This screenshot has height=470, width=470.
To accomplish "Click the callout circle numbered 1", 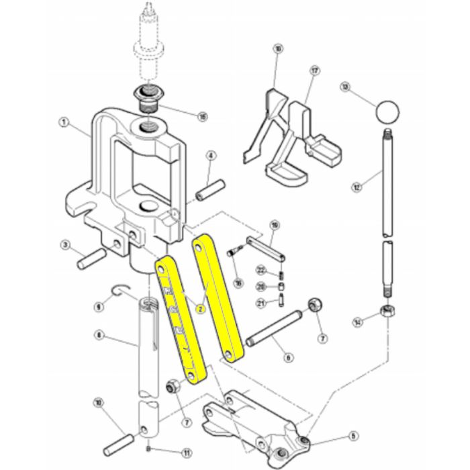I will coord(64,123).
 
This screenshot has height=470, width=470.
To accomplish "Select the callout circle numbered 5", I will coord(354,436).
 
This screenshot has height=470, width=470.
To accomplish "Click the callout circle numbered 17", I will coord(314,70).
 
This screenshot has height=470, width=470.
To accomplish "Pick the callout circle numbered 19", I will coord(274,224).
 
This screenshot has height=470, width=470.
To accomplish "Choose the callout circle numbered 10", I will coord(99,403).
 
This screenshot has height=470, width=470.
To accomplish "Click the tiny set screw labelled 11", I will coord(148,449).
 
